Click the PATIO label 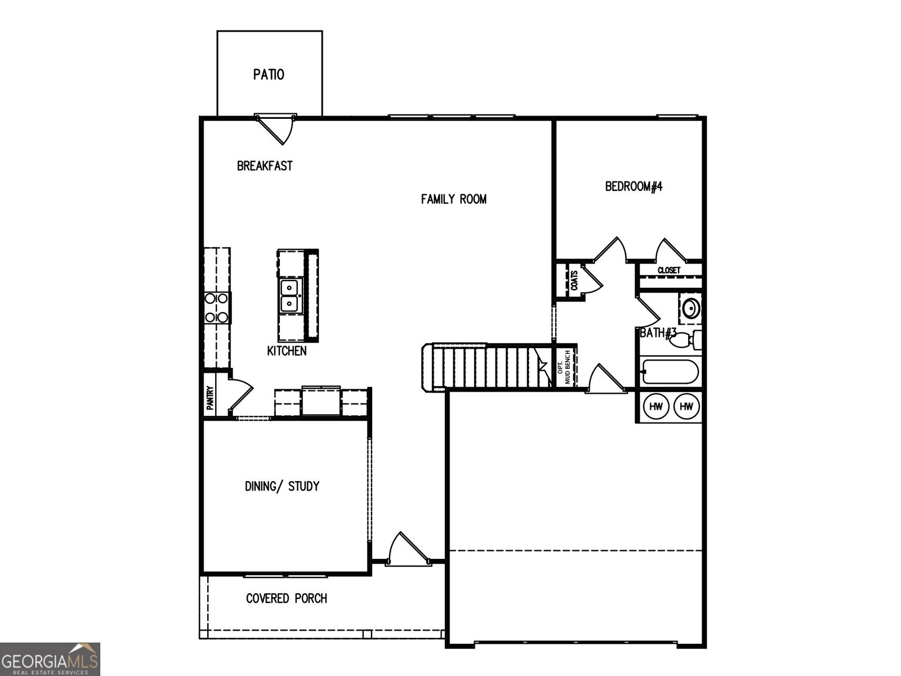tap(269, 74)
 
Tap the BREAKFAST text tap(265, 166)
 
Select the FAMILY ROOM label tap(453, 199)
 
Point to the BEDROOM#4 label tap(634, 186)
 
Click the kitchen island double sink tap(290, 296)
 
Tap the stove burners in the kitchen tap(217, 308)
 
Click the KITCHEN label tap(287, 351)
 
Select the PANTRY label tap(209, 397)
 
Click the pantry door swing tap(239, 394)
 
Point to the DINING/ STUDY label tap(282, 486)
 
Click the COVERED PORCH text tap(287, 598)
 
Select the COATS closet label tap(574, 280)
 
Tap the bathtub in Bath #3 tap(670, 372)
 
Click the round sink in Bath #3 tap(690, 309)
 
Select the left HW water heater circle tap(655, 406)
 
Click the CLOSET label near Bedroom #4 tap(669, 270)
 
